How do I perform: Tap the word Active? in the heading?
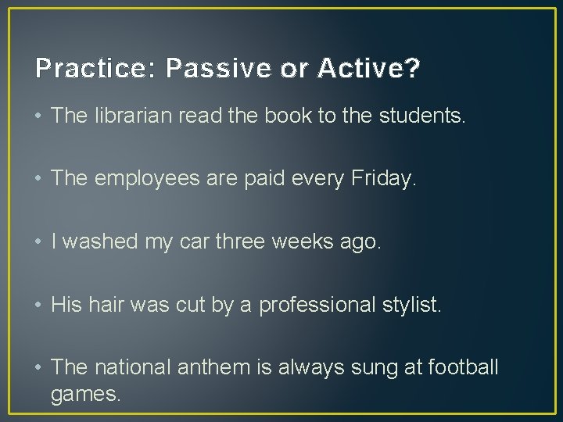[x=368, y=70]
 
